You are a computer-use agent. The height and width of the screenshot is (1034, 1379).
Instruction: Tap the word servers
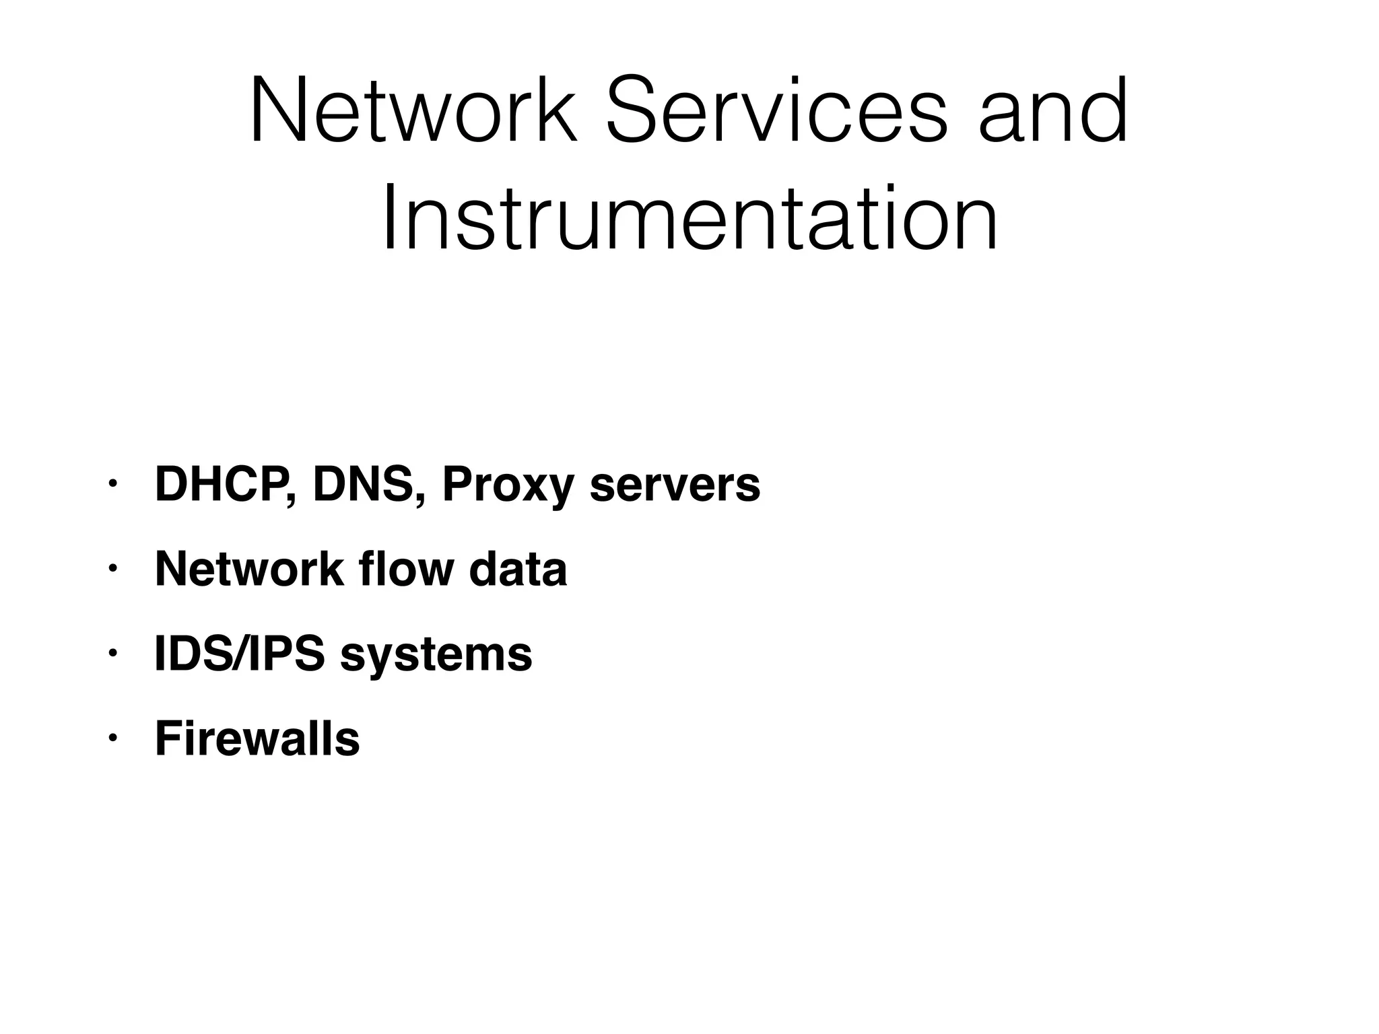tap(675, 486)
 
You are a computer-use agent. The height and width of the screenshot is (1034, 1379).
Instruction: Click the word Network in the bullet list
tap(249, 570)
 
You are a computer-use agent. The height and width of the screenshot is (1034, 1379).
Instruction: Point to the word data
tap(518, 570)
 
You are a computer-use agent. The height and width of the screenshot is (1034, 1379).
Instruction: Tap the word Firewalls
tap(257, 738)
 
